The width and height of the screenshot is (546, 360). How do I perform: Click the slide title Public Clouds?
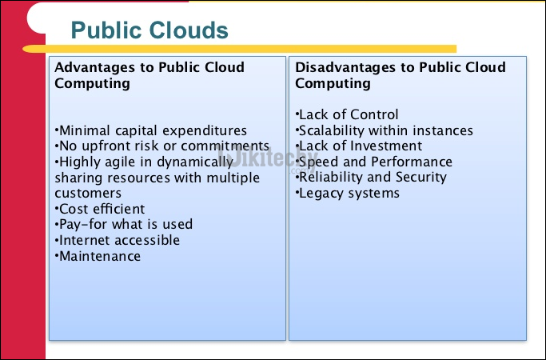149,30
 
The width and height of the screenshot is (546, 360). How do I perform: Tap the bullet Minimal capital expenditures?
151,130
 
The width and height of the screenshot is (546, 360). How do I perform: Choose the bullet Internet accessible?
118,240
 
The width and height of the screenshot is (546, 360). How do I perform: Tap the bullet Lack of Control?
347,114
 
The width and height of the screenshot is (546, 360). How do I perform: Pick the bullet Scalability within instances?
385,130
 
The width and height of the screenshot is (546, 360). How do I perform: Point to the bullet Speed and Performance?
374,162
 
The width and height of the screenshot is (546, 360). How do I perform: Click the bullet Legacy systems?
348,193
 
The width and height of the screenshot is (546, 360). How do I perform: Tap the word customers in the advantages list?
88,193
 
